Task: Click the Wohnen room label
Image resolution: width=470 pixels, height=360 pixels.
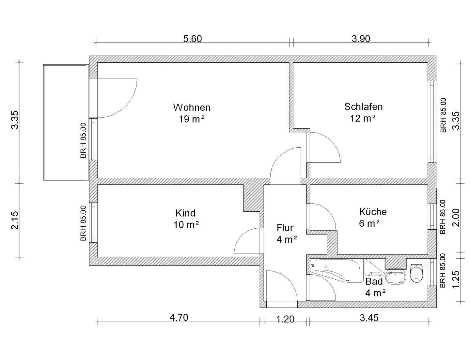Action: coord(192,107)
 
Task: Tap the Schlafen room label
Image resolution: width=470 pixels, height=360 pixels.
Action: coord(363,107)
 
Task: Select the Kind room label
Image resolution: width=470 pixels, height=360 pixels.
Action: coord(185,213)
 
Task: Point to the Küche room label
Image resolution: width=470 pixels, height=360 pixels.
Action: coord(373,212)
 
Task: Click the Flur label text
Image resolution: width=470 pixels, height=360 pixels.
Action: coord(285,228)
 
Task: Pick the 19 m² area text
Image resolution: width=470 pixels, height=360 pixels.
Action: coord(192,119)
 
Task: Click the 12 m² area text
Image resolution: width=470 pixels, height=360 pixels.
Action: coord(363,118)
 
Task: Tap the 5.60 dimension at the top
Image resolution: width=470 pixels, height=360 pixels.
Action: coord(193,39)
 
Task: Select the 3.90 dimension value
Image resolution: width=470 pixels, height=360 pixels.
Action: coord(361,39)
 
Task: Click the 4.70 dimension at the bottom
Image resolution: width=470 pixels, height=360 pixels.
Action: coord(179,317)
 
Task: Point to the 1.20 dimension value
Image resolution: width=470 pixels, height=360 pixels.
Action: coord(285,319)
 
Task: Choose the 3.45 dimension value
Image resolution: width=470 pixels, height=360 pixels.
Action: coord(369,318)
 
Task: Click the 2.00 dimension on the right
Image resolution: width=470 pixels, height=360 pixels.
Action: coord(456,218)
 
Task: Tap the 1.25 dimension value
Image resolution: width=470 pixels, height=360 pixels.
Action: coord(456,280)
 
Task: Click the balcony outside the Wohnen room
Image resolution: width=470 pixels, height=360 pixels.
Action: coord(66,123)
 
